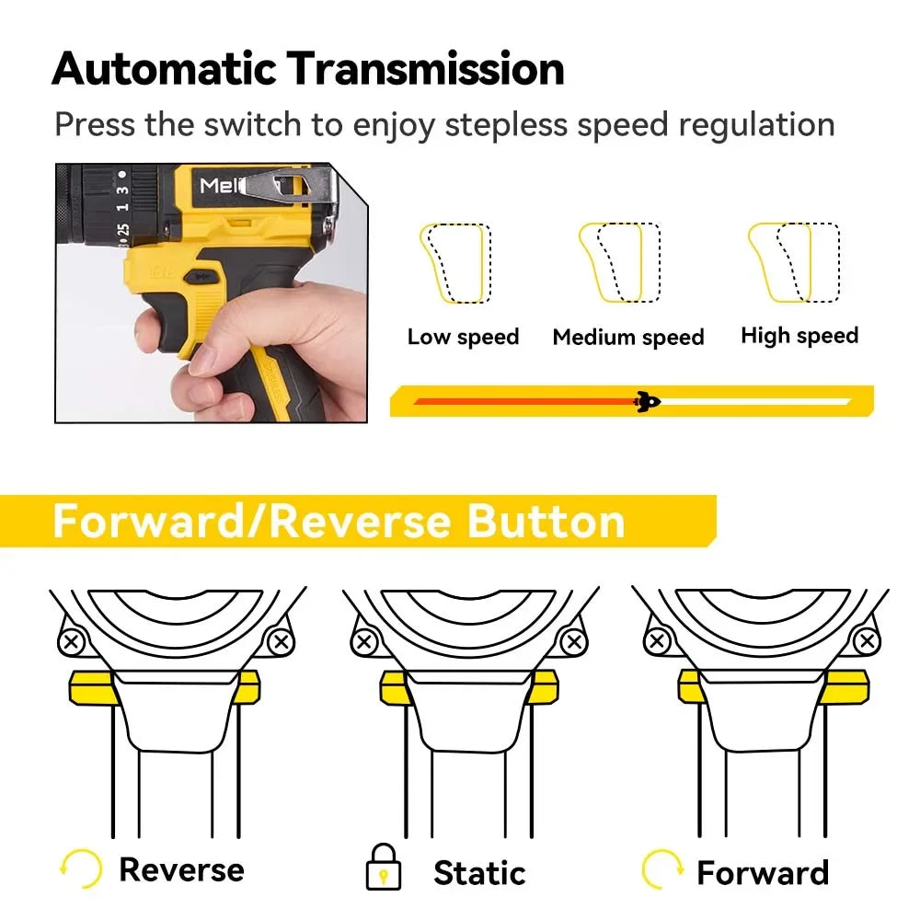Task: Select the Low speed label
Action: (x=463, y=337)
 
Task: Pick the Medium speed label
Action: (x=627, y=338)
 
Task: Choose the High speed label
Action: (x=799, y=336)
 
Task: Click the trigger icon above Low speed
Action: (x=454, y=263)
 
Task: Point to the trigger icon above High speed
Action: (x=792, y=262)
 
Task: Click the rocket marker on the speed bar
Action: (x=648, y=400)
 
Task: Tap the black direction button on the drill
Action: (x=203, y=276)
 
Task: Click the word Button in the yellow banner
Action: (x=546, y=521)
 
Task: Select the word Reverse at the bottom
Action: (x=181, y=869)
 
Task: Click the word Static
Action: (x=479, y=871)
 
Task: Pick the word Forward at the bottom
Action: (x=763, y=871)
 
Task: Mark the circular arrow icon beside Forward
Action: (x=661, y=869)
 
